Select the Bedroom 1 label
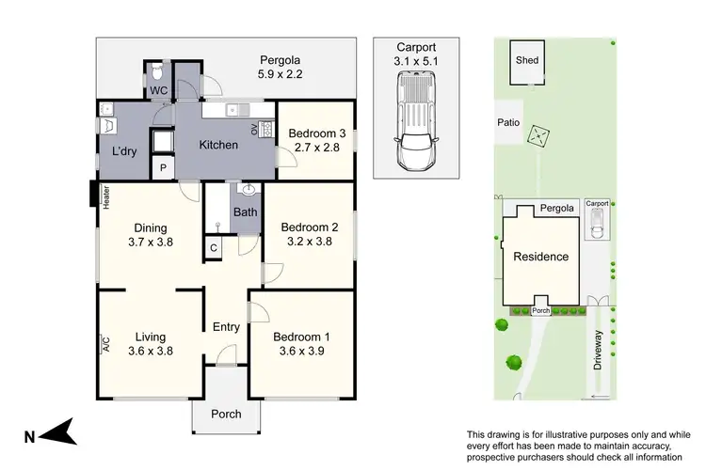[x=301, y=337]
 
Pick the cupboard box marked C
[x=215, y=247]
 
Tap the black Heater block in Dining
[x=92, y=196]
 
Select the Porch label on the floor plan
[x=226, y=414]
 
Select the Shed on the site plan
[x=526, y=63]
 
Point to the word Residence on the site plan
[x=540, y=257]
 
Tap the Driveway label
[x=597, y=349]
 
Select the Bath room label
[x=246, y=212]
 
